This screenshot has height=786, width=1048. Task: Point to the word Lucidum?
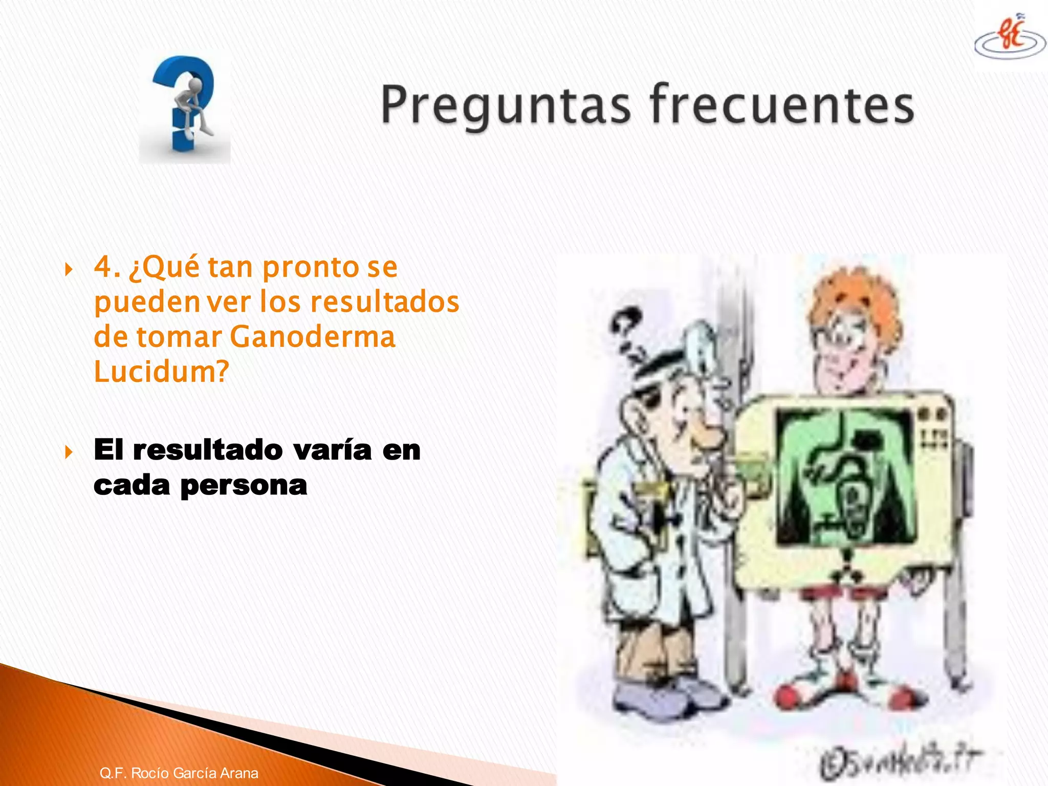(x=161, y=372)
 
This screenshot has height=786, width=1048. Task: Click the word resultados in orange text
(x=385, y=302)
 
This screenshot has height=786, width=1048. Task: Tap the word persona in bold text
(x=244, y=485)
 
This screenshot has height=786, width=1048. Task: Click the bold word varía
(x=333, y=450)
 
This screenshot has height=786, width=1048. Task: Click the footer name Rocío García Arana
(x=194, y=773)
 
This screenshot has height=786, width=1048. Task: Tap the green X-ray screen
(x=844, y=476)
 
